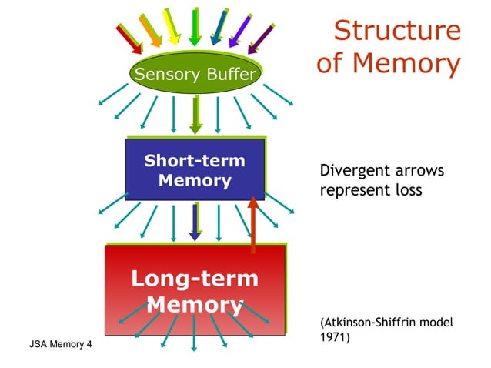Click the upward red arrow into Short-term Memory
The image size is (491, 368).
click(x=252, y=224)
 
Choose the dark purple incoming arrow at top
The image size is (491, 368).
click(x=262, y=37)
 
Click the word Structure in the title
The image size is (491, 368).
click(x=398, y=31)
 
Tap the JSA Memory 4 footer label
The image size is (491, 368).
click(x=59, y=342)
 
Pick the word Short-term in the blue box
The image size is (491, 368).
click(x=195, y=161)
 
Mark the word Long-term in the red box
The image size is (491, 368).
click(x=195, y=278)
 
